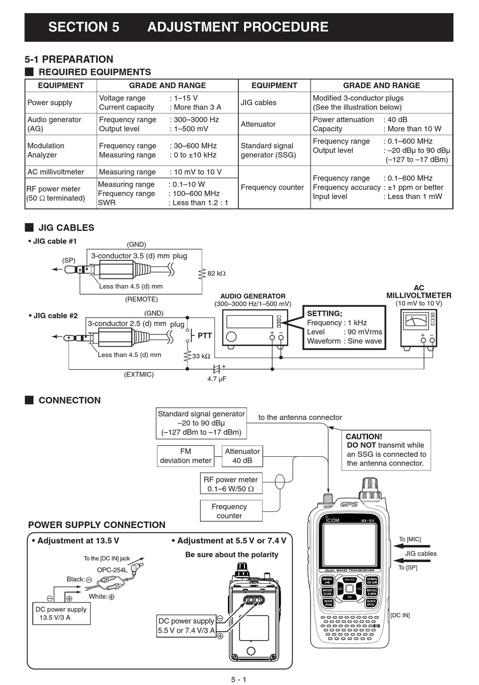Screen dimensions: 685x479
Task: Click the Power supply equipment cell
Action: tap(50, 103)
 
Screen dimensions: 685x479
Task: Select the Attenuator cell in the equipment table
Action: tap(258, 124)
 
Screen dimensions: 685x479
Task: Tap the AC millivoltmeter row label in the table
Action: tap(55, 172)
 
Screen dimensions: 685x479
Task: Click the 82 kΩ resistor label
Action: tap(216, 273)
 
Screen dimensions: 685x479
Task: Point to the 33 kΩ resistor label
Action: tap(201, 356)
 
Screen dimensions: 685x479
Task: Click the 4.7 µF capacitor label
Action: tap(217, 379)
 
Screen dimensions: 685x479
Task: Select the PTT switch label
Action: tap(205, 335)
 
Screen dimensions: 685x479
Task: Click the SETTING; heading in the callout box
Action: tap(324, 313)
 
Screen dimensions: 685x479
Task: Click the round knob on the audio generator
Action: tap(231, 336)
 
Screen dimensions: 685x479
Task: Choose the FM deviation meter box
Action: tap(186, 456)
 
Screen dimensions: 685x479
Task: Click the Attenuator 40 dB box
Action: tap(242, 456)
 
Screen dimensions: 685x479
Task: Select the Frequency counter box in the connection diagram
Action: tap(229, 511)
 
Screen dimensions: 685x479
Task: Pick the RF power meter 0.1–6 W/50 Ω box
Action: tap(230, 484)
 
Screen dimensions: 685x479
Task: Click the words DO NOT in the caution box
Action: tap(361, 445)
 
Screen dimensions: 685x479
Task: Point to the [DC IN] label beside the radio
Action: tap(400, 615)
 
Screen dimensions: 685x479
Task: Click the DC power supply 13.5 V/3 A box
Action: tap(61, 613)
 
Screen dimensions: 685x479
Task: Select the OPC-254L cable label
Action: tap(112, 570)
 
